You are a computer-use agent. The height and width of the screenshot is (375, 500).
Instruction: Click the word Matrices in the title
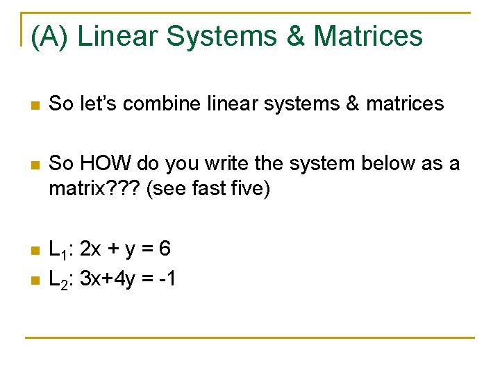(368, 36)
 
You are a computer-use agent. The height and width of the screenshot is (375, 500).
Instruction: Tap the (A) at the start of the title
(49, 36)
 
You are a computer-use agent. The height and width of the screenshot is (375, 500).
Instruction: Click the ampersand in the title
(294, 36)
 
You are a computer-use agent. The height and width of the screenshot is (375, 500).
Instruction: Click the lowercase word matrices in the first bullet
(404, 104)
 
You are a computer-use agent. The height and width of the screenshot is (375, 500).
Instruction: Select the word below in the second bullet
(370, 164)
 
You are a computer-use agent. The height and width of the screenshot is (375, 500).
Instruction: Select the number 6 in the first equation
(165, 248)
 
